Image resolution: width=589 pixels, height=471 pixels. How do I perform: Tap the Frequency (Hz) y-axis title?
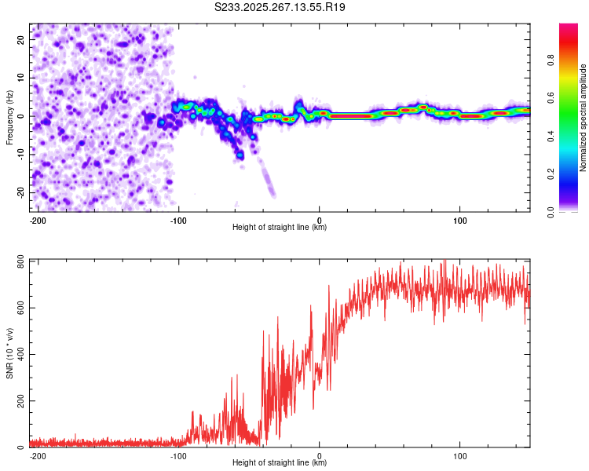coord(9,117)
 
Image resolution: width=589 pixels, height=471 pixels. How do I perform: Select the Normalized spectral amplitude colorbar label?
coord(584,118)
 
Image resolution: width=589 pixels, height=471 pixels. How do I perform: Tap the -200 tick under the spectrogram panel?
coord(37,219)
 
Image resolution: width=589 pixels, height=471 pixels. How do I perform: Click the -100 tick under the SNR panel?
coord(178,455)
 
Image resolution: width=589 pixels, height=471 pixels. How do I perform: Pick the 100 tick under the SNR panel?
coord(460,455)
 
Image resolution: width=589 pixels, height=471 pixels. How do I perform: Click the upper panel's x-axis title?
coord(280,228)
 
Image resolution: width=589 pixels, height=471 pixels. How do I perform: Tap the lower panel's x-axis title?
coord(280,463)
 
